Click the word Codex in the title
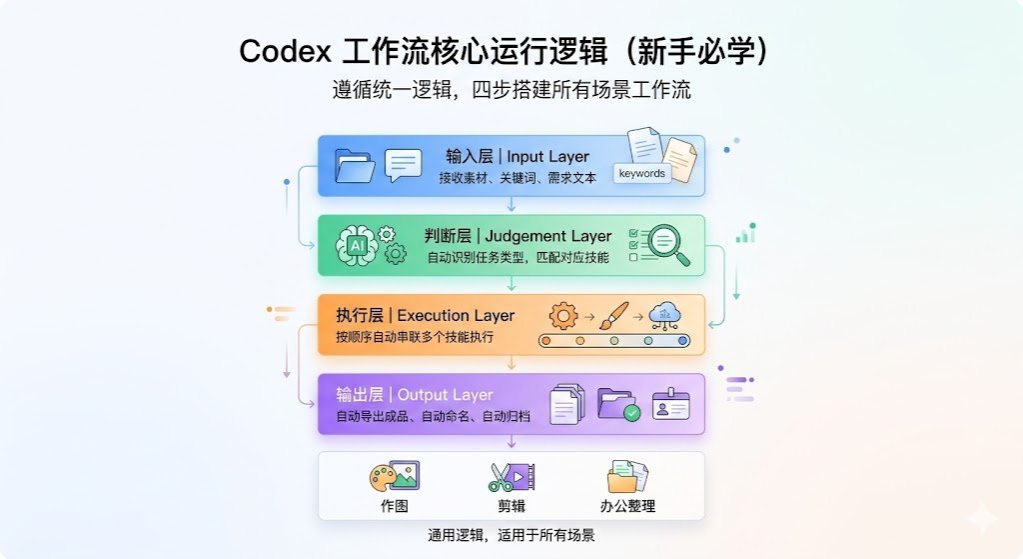click(286, 51)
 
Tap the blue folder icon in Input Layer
click(355, 166)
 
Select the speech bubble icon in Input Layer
click(404, 166)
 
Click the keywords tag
click(642, 173)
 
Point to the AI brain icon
click(357, 246)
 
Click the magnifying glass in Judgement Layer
click(667, 245)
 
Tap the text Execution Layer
click(456, 315)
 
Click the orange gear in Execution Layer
click(563, 316)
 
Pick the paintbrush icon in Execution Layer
click(614, 315)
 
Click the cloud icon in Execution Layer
click(665, 316)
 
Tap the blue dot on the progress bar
click(682, 341)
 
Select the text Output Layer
click(445, 395)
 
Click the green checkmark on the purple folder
click(631, 413)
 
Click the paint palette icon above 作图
click(394, 476)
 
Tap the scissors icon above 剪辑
click(501, 477)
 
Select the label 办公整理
click(627, 506)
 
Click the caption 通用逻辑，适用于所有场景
click(511, 535)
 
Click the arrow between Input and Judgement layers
click(511, 204)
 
